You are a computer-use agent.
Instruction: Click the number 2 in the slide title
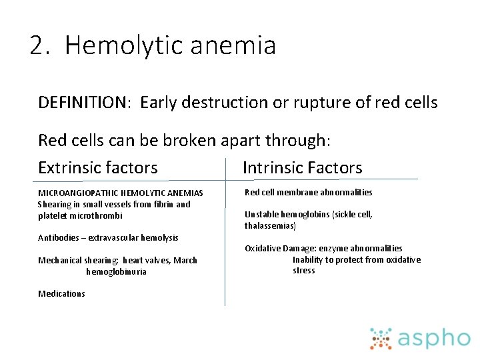(38, 46)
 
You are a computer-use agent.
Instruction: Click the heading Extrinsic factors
(98, 167)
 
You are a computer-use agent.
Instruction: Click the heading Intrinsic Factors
(302, 167)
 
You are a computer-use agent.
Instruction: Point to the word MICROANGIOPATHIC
(77, 193)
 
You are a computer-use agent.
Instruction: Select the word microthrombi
(95, 215)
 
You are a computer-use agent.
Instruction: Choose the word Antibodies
(58, 237)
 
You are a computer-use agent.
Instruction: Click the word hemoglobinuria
(116, 271)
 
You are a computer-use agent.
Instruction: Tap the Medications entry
(61, 293)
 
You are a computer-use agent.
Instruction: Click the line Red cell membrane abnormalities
(308, 192)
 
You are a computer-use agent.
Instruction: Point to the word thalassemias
(270, 226)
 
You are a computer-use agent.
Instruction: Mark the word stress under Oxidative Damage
(304, 271)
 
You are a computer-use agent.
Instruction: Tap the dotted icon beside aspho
(381, 338)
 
